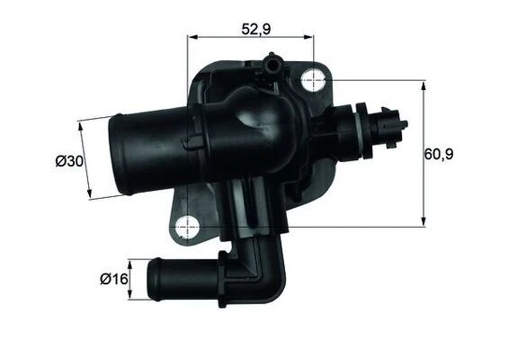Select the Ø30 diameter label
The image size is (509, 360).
70,161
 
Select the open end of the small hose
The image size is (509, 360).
153,281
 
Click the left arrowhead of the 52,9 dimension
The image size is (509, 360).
191,37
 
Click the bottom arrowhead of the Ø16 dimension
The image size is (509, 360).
131,299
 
